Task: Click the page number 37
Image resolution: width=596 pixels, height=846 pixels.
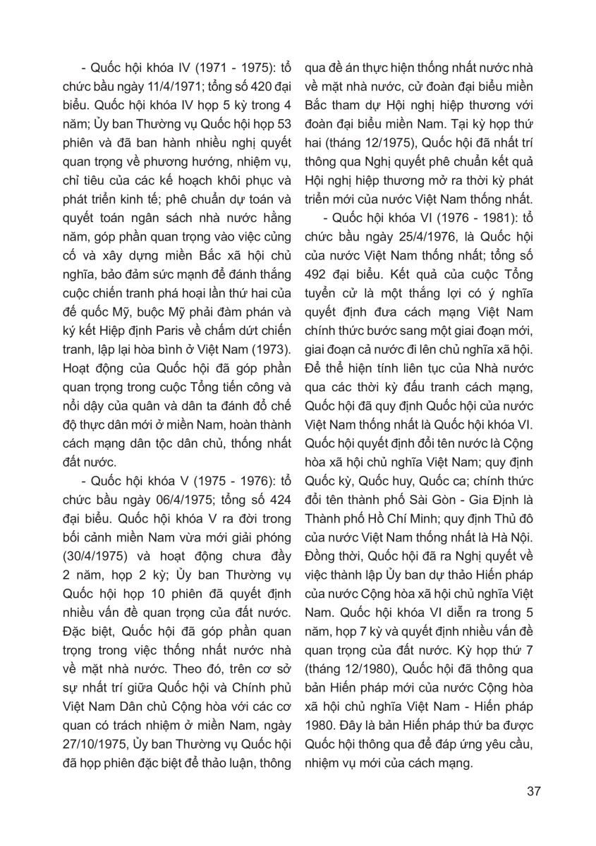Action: pyautogui.click(x=533, y=790)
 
